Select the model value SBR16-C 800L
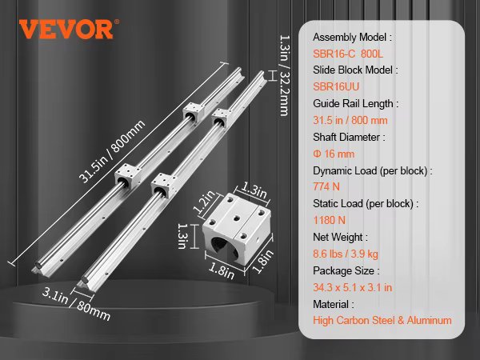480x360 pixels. pyautogui.click(x=348, y=54)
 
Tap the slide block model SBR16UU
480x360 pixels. pyautogui.click(x=336, y=86)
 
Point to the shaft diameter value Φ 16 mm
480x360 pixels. pyautogui.click(x=334, y=154)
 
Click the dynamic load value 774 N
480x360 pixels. pyautogui.click(x=326, y=186)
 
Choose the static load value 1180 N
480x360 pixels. pyautogui.click(x=329, y=220)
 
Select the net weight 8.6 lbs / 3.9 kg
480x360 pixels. pyautogui.click(x=346, y=254)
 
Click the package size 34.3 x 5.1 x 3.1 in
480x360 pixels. pyautogui.click(x=352, y=287)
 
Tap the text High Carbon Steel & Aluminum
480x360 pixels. pyautogui.click(x=382, y=320)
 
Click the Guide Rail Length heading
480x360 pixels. pyautogui.click(x=356, y=103)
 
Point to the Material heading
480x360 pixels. pyautogui.click(x=334, y=304)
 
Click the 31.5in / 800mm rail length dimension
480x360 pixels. pyautogui.click(x=111, y=151)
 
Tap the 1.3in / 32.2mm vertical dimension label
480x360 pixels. pyautogui.click(x=285, y=75)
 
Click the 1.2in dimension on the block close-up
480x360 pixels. pyautogui.click(x=205, y=202)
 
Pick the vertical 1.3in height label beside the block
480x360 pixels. pyautogui.click(x=182, y=236)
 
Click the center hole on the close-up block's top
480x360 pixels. pyautogui.click(x=237, y=218)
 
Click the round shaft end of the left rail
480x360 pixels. pyautogui.click(x=38, y=265)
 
